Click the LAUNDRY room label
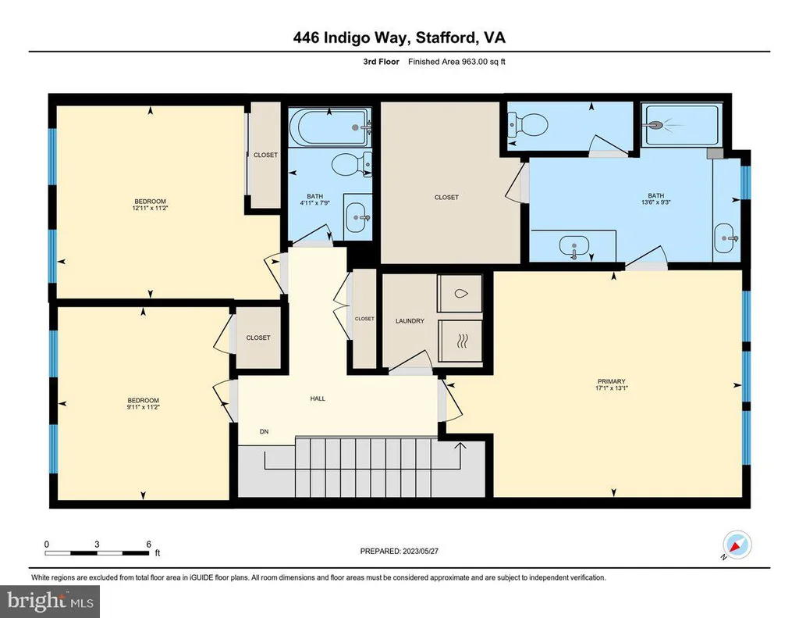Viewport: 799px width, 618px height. (410, 321)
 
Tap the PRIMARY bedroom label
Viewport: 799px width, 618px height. (611, 381)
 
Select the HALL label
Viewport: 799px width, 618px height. (318, 398)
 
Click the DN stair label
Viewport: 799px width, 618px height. (264, 432)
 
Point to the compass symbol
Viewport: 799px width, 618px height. (737, 545)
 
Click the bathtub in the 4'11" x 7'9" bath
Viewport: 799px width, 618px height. (330, 126)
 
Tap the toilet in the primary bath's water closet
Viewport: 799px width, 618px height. (528, 123)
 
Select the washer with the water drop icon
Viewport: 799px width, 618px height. (459, 293)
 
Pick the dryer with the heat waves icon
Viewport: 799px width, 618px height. (460, 341)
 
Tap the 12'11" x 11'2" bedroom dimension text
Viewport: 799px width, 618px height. (150, 208)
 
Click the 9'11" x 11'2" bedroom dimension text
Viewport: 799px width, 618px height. (144, 407)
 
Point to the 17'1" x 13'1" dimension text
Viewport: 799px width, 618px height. (612, 388)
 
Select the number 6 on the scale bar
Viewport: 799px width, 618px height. (149, 544)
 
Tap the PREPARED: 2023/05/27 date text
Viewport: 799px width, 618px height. (399, 551)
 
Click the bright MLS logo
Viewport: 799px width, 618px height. (50, 602)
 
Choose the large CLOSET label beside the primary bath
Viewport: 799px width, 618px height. (446, 198)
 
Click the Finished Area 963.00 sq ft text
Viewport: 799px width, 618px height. (456, 62)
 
